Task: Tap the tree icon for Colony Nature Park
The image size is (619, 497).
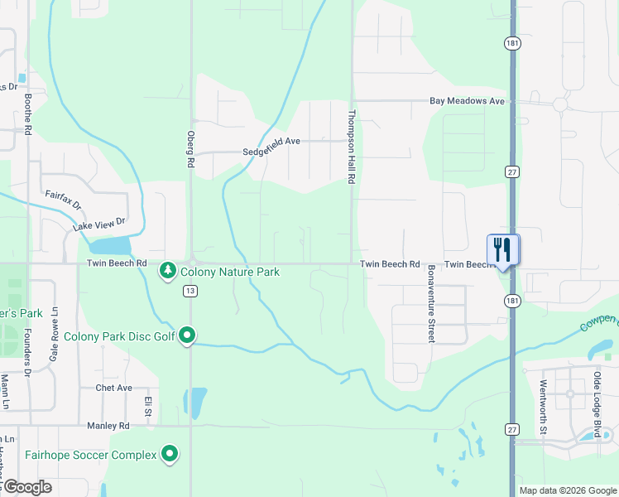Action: pos(168,271)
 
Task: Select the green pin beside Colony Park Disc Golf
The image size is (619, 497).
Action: pos(188,335)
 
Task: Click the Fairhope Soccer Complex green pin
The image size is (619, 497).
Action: pos(170,454)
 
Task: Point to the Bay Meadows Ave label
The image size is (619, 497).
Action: pos(467,101)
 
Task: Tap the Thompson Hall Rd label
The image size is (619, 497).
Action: pos(352,147)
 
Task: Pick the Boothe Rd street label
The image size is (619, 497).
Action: pos(28,113)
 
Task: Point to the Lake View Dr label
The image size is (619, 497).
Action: pos(98,224)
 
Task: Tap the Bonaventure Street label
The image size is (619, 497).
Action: pos(431,304)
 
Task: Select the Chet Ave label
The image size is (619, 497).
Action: pos(113,388)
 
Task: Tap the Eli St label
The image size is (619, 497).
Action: pos(148,407)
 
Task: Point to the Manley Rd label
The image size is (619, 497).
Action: pos(108,426)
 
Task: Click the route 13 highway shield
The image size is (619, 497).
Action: pos(190,290)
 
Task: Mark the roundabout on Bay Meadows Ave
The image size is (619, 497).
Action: pos(560,104)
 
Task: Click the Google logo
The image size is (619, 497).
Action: pos(26,487)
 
